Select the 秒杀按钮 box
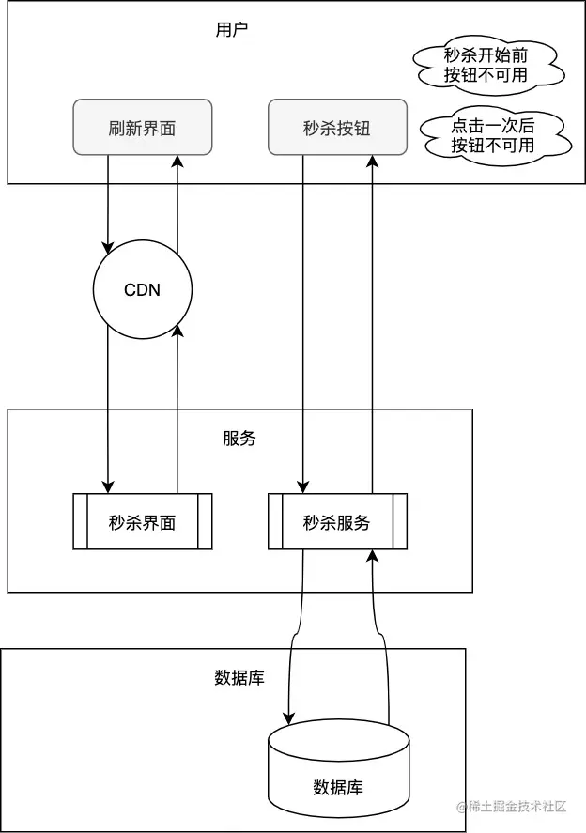click(x=337, y=127)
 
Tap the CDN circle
click(x=143, y=289)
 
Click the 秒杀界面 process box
click(x=143, y=522)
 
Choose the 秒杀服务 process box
click(x=337, y=522)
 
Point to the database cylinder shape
click(x=338, y=770)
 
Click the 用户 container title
click(x=232, y=29)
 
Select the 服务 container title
click(x=239, y=438)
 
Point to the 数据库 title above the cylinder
click(x=239, y=677)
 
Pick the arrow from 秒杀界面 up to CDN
click(x=177, y=413)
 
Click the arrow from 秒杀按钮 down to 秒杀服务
click(x=302, y=319)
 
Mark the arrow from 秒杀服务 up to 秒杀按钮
click(x=372, y=319)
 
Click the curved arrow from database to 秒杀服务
click(x=383, y=639)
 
